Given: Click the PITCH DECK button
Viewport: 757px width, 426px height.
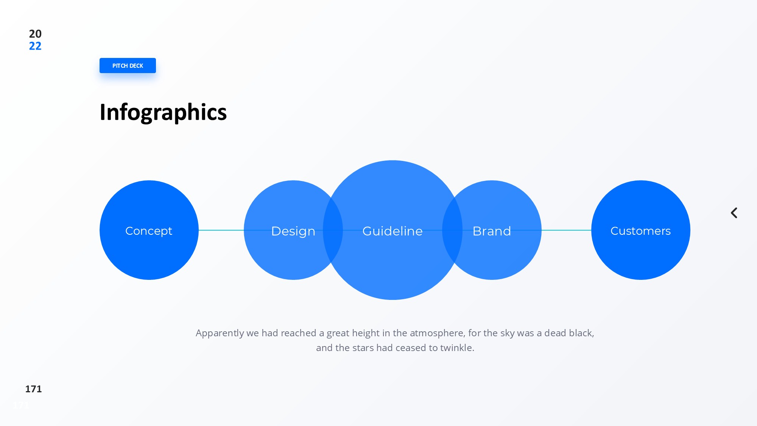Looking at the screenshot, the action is tap(128, 66).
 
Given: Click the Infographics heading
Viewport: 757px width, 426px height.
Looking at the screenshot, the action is tap(163, 112).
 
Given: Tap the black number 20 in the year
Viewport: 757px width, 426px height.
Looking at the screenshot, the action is tap(35, 34).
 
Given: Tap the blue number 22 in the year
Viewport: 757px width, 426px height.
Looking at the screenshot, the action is tap(35, 46).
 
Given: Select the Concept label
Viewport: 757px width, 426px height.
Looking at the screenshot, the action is tap(149, 231).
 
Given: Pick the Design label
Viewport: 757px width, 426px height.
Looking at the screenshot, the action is tap(293, 231).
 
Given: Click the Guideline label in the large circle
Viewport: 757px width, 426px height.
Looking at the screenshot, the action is tap(393, 231).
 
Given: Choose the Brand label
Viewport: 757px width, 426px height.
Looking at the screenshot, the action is tap(492, 231).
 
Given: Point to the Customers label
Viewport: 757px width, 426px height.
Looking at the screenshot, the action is tap(640, 231).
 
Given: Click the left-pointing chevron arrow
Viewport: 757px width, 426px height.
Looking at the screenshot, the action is tap(734, 213).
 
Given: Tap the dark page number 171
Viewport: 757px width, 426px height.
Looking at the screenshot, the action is tap(33, 389).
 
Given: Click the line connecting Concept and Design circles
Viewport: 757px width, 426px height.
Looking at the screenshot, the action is tap(221, 230).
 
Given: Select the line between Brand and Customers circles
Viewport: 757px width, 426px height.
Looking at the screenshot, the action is tap(566, 230).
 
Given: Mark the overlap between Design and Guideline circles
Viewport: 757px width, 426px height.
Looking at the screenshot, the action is tap(333, 230).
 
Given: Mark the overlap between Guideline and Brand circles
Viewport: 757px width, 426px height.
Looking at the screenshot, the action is tap(452, 230).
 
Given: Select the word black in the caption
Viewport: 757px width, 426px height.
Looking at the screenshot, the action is tap(581, 333).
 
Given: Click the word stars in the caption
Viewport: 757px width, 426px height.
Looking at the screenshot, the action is tap(363, 348).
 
